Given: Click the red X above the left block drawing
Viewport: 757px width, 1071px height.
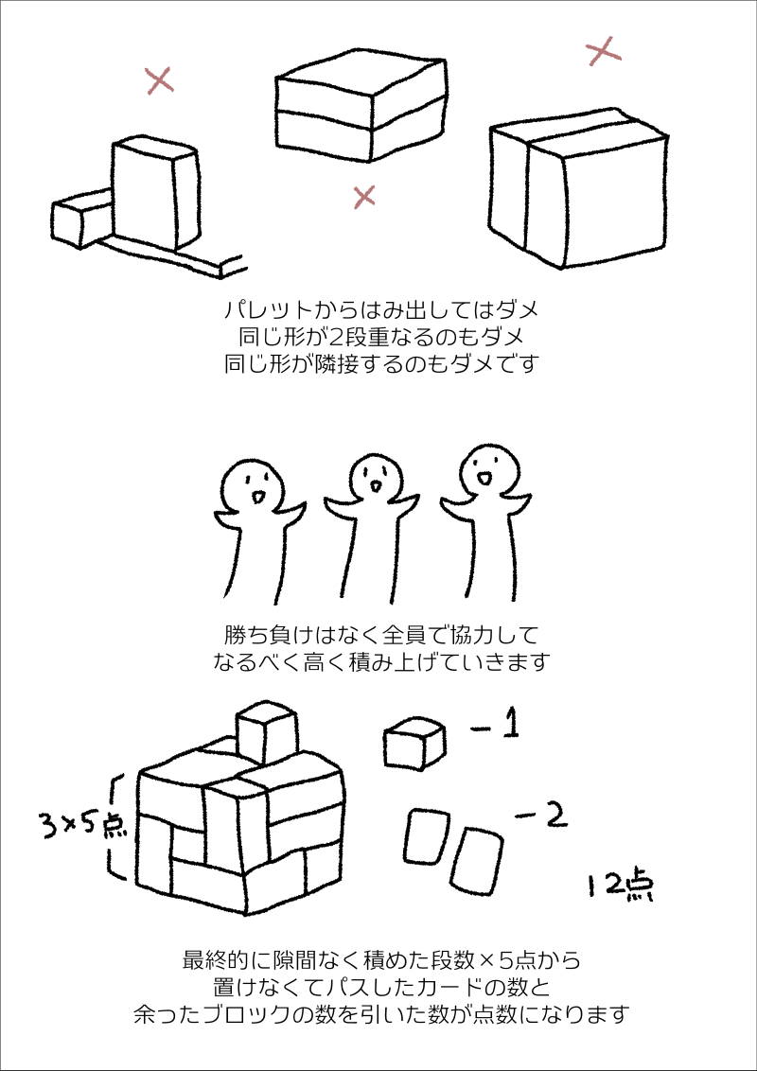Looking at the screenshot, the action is click(x=160, y=80).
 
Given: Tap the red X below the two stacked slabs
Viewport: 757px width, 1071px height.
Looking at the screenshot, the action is click(x=364, y=196).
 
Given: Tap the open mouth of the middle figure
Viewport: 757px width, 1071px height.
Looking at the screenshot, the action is click(x=375, y=486).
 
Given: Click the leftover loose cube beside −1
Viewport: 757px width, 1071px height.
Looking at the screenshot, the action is click(x=414, y=745).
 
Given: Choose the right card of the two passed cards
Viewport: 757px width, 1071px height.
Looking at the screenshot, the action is click(x=477, y=860).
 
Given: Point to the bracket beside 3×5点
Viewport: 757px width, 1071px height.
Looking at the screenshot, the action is click(x=116, y=828).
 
